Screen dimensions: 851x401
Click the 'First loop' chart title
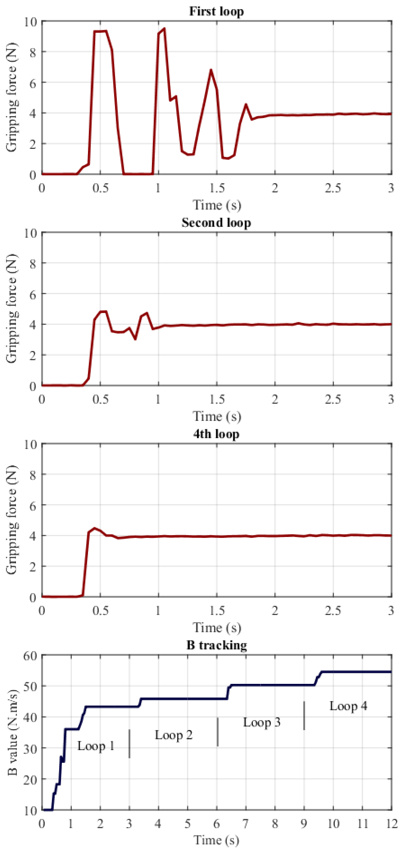pyautogui.click(x=216, y=11)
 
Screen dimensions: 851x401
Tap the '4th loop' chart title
pyautogui.click(x=216, y=433)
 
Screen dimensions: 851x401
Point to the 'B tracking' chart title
pyautogui.click(x=216, y=645)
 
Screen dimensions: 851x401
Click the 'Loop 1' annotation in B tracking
pyautogui.click(x=96, y=746)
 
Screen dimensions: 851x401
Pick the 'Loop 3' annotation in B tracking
pyautogui.click(x=262, y=722)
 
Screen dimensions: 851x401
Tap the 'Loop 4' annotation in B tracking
pyautogui.click(x=348, y=706)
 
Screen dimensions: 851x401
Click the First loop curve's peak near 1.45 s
pyautogui.click(x=211, y=70)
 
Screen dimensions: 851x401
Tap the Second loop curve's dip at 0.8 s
pyautogui.click(x=135, y=339)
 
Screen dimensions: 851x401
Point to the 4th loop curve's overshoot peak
pyautogui.click(x=95, y=528)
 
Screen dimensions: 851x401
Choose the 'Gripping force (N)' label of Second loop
pyautogui.click(x=12, y=309)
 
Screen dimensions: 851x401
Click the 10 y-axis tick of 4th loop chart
pyautogui.click(x=31, y=444)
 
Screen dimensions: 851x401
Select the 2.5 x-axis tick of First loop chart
pyautogui.click(x=333, y=188)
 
